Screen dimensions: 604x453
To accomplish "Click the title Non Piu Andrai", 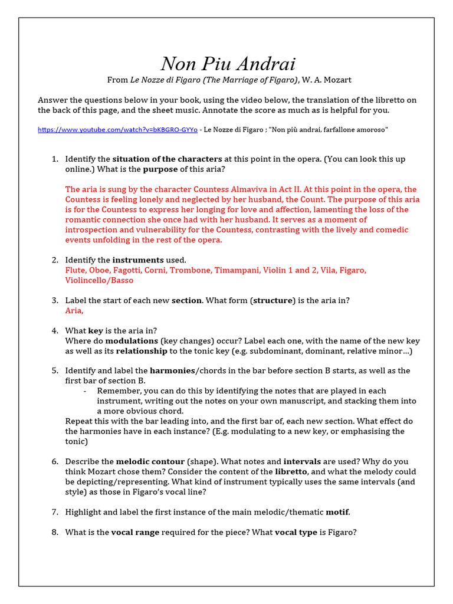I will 228,64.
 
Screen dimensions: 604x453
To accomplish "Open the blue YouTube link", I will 117,130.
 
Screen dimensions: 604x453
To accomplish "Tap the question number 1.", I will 54,159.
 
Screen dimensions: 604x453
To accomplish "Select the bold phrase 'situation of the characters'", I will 167,159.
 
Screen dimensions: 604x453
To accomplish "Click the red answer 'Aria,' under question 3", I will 74,310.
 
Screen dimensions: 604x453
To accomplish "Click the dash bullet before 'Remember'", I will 85,391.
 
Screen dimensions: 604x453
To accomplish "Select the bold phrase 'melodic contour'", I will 150,462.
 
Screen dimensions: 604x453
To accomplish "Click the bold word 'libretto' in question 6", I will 291,472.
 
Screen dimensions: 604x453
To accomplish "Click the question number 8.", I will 54,533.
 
